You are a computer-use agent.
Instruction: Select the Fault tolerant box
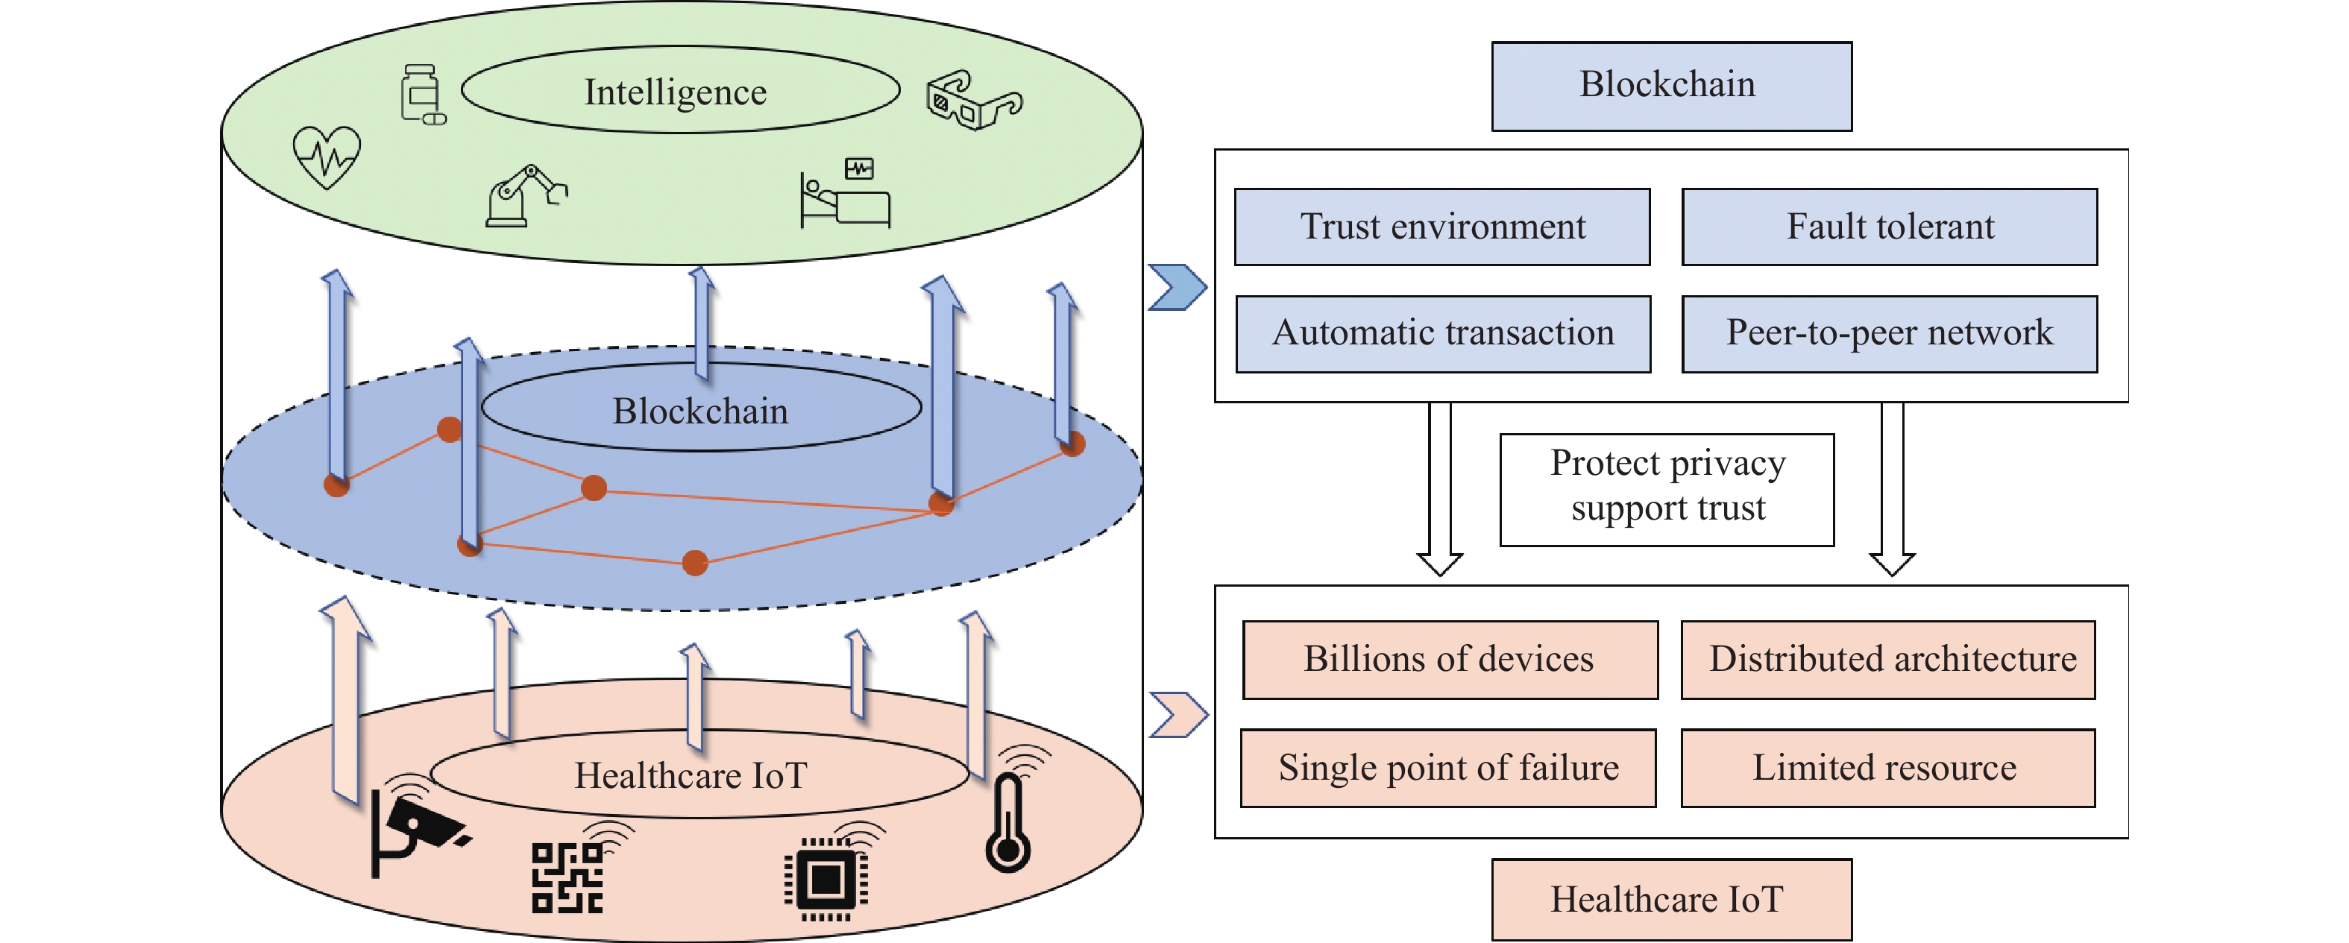[x=1890, y=227]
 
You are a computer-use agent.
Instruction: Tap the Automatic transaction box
[x=1443, y=334]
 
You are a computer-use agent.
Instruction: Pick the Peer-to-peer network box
[x=1890, y=334]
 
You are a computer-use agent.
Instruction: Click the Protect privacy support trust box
[x=1667, y=490]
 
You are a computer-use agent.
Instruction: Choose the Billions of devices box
[x=1450, y=660]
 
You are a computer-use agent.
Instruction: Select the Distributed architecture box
[x=1888, y=660]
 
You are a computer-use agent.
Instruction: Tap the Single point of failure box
[x=1448, y=768]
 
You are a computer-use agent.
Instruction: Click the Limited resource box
[x=1888, y=768]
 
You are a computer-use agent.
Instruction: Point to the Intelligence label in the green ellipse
[x=676, y=92]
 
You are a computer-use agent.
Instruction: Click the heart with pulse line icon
[x=327, y=157]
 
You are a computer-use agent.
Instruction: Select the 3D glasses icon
[x=973, y=101]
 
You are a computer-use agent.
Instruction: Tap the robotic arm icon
[x=526, y=196]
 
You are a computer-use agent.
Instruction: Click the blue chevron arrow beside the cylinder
[x=1177, y=287]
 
